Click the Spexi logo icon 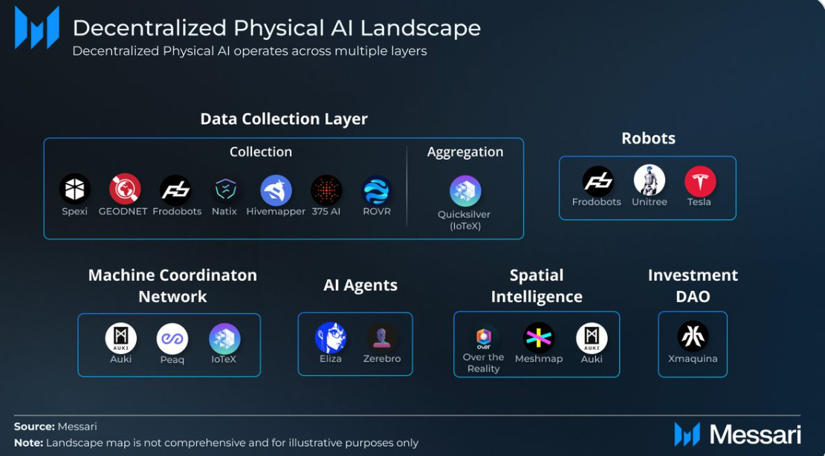(x=75, y=189)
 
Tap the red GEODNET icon (x=125, y=189)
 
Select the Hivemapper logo (x=276, y=190)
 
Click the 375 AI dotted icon (x=326, y=190)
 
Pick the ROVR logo (x=377, y=190)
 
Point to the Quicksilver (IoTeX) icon (x=465, y=192)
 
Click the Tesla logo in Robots (x=699, y=181)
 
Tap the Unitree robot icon (x=649, y=180)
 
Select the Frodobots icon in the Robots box (x=598, y=181)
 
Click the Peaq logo (x=172, y=339)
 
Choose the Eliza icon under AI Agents (x=331, y=338)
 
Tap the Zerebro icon (x=383, y=338)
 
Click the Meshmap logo (x=539, y=338)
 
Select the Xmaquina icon (x=693, y=336)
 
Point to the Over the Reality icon (x=483, y=337)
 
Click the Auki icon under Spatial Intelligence (x=592, y=338)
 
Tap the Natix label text (x=224, y=212)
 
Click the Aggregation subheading (x=465, y=152)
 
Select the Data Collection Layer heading (x=284, y=119)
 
